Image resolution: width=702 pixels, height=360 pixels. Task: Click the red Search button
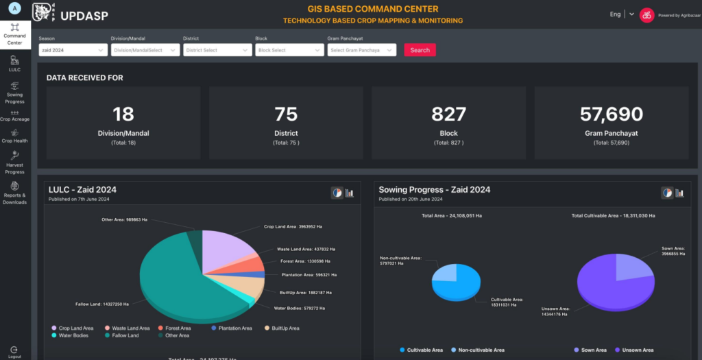420,50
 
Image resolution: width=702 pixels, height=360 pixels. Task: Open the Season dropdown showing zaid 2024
73,50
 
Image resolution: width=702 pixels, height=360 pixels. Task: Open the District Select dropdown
217,50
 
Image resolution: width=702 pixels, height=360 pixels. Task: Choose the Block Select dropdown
289,50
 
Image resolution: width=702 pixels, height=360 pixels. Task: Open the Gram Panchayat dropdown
361,50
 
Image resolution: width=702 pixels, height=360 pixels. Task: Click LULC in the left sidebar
14,64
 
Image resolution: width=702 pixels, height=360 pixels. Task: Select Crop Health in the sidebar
14,136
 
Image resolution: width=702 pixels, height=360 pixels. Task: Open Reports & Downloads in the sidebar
14,193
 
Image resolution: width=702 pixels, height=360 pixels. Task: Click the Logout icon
14,350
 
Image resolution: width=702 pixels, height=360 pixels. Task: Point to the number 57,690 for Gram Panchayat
612,114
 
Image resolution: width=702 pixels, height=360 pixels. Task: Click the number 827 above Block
449,114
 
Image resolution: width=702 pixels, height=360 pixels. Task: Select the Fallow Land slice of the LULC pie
178,281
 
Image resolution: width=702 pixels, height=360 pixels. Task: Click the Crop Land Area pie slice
230,247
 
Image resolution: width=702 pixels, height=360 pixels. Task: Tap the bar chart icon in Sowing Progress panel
679,193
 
